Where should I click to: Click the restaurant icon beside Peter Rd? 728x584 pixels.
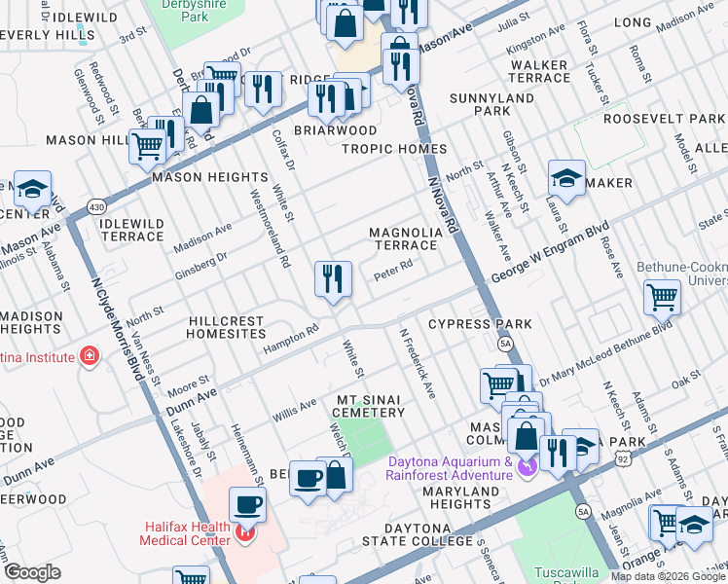(333, 279)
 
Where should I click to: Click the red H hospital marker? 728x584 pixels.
(246, 533)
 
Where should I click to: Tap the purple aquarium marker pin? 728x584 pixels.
(527, 468)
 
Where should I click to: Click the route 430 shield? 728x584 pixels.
(95, 207)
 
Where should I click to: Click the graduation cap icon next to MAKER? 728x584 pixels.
(566, 178)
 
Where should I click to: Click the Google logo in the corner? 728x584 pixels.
(33, 572)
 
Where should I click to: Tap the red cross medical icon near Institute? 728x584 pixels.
(91, 357)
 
